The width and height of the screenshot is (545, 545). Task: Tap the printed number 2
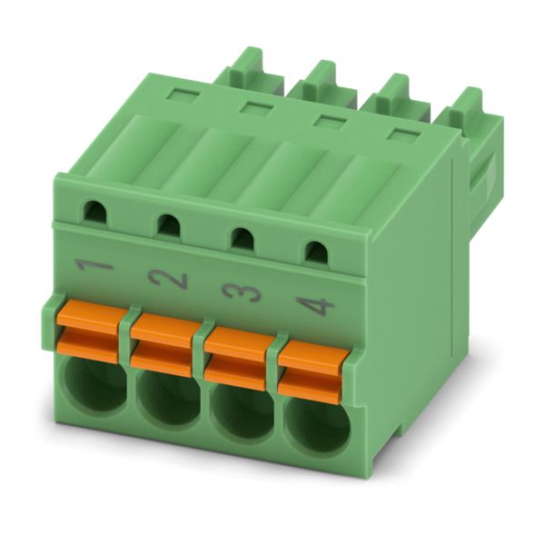pyautogui.click(x=168, y=279)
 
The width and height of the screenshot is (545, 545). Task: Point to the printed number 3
pyautogui.click(x=242, y=292)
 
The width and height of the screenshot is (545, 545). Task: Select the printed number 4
pyautogui.click(x=315, y=305)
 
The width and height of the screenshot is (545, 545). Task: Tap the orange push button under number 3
pyautogui.click(x=237, y=359)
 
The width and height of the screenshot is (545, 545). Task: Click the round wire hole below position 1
pyautogui.click(x=94, y=386)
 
